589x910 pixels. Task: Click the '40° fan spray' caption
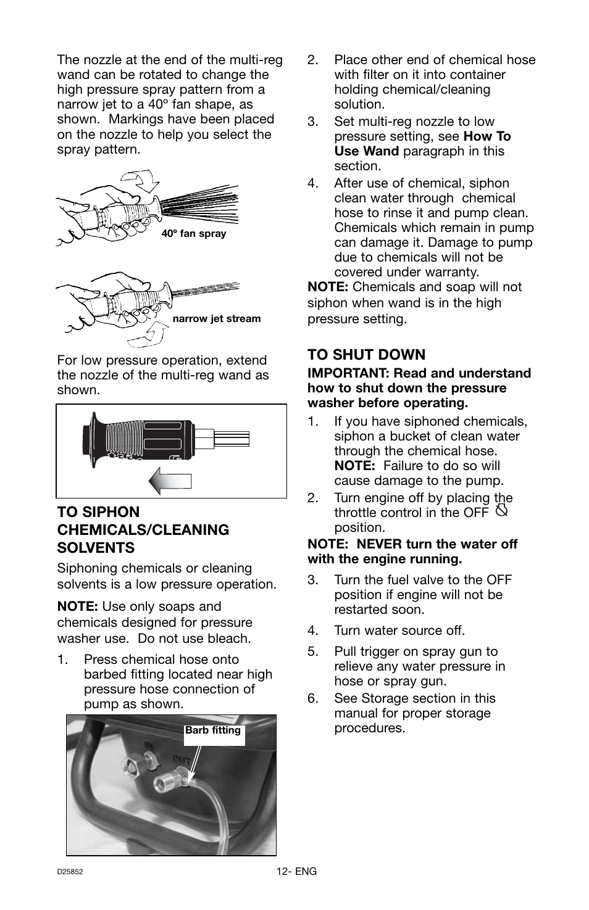click(193, 234)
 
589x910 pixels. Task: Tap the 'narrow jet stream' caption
click(216, 319)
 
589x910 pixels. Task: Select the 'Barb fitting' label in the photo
click(213, 730)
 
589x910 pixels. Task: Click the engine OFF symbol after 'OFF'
click(501, 511)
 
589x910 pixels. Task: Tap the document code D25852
click(70, 872)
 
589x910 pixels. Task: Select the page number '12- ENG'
click(296, 871)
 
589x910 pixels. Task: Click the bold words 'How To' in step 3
click(487, 136)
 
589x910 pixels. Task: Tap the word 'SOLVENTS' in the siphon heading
click(96, 548)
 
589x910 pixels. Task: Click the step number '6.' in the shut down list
click(313, 698)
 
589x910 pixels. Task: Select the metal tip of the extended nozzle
click(231, 439)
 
